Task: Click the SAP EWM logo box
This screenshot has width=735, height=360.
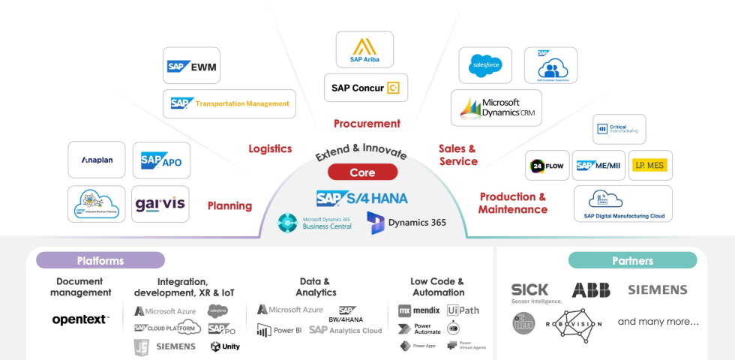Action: [x=191, y=66]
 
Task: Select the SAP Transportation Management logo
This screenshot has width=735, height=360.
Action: [x=229, y=103]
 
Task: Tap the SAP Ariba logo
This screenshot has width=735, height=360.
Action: [x=364, y=49]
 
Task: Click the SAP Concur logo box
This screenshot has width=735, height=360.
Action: [x=366, y=88]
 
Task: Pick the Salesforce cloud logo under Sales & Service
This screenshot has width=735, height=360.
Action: [x=484, y=65]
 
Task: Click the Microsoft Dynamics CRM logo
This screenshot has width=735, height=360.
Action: [x=496, y=108]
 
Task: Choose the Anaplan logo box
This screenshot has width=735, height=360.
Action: [x=96, y=160]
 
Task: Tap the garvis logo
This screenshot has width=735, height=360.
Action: [x=160, y=204]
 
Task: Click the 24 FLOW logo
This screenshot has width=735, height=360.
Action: [x=547, y=166]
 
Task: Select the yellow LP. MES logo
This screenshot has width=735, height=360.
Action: [x=649, y=165]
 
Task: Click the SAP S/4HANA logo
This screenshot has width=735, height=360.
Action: [x=361, y=199]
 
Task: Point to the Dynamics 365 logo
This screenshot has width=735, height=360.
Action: [x=406, y=223]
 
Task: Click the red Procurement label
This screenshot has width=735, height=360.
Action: [x=367, y=124]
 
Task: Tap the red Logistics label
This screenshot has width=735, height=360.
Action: [x=270, y=148]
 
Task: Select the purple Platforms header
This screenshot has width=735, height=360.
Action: [x=100, y=260]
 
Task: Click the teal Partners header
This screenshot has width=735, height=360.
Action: [x=632, y=260]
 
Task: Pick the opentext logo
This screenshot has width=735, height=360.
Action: [x=80, y=319]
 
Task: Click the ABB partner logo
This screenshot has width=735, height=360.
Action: [x=591, y=290]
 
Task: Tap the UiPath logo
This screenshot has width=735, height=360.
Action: [x=463, y=310]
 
